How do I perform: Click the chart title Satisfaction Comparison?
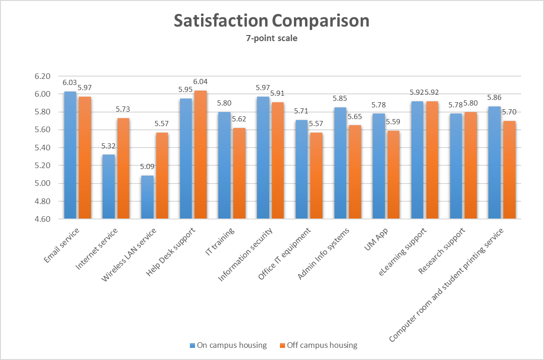click(272, 21)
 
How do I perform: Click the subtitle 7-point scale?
click(272, 38)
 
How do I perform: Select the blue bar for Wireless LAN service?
click(147, 197)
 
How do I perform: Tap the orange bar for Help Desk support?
click(201, 154)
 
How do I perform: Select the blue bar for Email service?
click(70, 154)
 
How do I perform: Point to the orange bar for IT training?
click(239, 173)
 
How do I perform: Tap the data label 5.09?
click(147, 166)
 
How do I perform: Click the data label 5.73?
click(124, 109)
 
